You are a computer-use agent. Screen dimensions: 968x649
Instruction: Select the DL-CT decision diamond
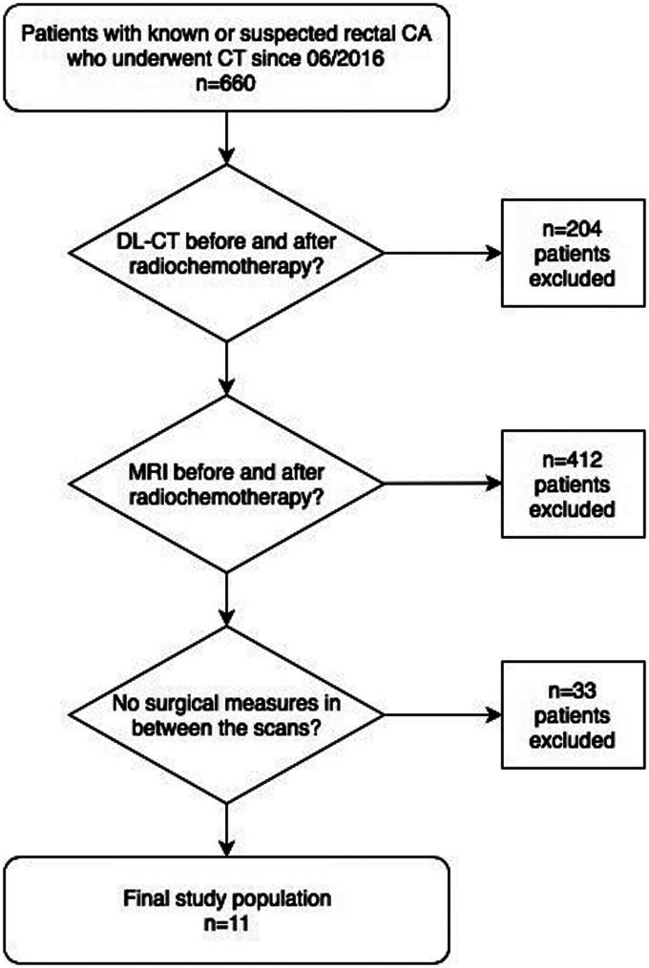pos(226,253)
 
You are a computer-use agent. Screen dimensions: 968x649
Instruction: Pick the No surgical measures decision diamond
pos(226,716)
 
